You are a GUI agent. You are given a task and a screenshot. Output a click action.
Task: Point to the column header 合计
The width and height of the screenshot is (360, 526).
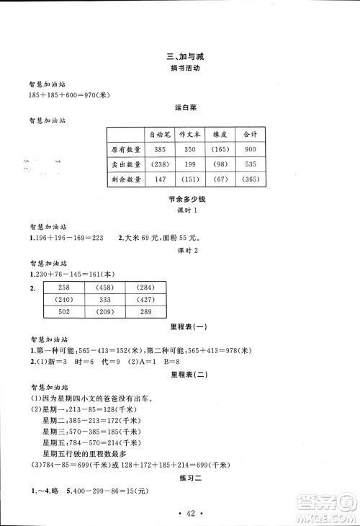[x=251, y=135]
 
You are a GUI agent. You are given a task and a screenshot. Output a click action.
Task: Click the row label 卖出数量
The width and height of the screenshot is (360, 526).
[x=124, y=164]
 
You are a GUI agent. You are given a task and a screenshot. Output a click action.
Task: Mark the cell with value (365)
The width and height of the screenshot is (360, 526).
[x=251, y=179]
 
